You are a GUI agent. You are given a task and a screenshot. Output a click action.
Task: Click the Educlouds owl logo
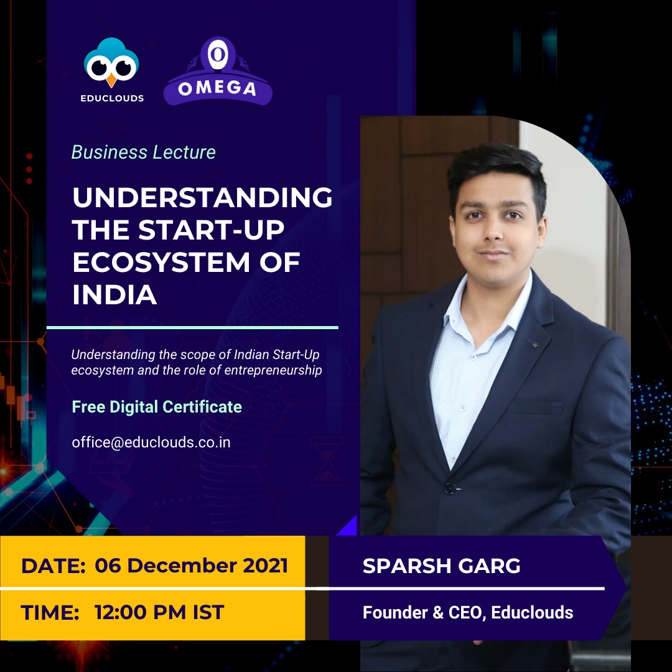pos(111,62)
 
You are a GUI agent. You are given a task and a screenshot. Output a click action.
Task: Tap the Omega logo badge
pos(218,71)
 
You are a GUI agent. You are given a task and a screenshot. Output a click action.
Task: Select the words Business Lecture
pos(144,152)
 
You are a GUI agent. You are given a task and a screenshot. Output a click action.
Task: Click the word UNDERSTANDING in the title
pos(202,197)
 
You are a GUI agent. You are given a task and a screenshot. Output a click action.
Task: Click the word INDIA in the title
pos(114,295)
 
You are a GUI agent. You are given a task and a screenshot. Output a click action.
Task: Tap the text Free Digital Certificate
pos(157,407)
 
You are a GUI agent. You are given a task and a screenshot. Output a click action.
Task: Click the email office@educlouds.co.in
pos(151,442)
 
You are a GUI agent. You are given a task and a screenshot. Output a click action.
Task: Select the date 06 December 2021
pos(191,565)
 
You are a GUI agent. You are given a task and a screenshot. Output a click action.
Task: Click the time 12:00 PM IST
pos(159,612)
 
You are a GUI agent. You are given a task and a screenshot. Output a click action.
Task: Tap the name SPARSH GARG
pos(441,566)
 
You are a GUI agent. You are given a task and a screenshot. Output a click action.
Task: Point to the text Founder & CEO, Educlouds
pos(468,612)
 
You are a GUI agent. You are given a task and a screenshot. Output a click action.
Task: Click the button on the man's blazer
pos(450,488)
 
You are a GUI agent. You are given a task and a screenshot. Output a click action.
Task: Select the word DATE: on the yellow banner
pos(54,566)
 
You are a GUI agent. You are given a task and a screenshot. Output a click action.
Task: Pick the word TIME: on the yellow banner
pos(50,612)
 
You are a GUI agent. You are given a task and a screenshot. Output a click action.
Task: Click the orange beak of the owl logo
pos(111,80)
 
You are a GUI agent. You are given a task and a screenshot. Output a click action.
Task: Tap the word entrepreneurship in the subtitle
pos(273,370)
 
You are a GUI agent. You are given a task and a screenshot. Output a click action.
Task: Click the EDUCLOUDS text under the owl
pos(112,98)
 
